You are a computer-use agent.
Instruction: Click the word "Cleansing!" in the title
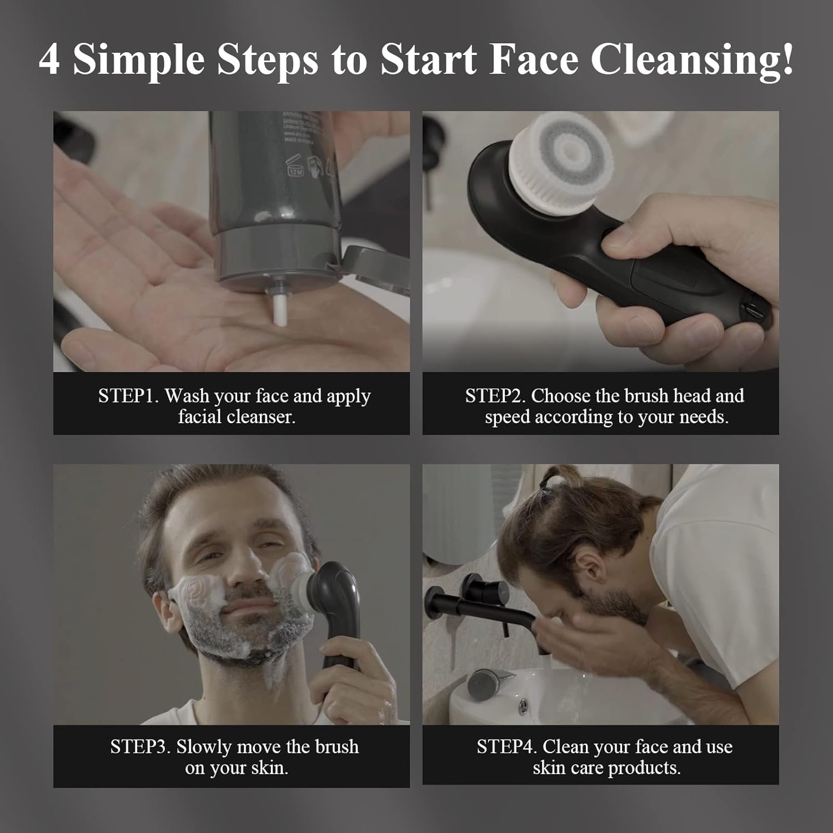tap(692, 60)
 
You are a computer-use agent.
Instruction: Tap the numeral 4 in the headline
tap(49, 60)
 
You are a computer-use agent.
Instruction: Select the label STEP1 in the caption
tap(128, 396)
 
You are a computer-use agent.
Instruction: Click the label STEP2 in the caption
tap(495, 396)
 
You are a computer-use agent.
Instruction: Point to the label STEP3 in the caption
tap(140, 747)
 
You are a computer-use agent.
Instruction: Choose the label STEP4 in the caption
tap(506, 747)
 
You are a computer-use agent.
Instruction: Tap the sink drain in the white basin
tap(523, 706)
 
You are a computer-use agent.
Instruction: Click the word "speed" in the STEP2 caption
tap(507, 417)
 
